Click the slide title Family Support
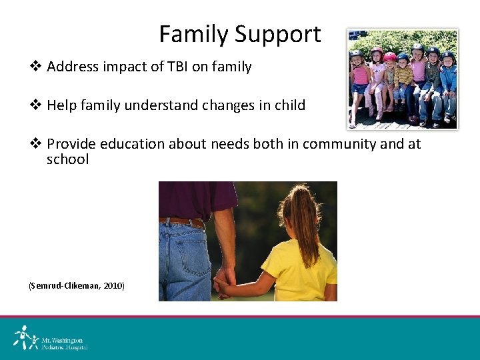pyautogui.click(x=240, y=34)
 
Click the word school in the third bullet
pyautogui.click(x=67, y=159)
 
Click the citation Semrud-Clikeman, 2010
pyautogui.click(x=76, y=285)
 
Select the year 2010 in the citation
pyautogui.click(x=113, y=285)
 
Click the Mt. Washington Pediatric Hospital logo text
pyautogui.click(x=64, y=343)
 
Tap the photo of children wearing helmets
pyautogui.click(x=403, y=78)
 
